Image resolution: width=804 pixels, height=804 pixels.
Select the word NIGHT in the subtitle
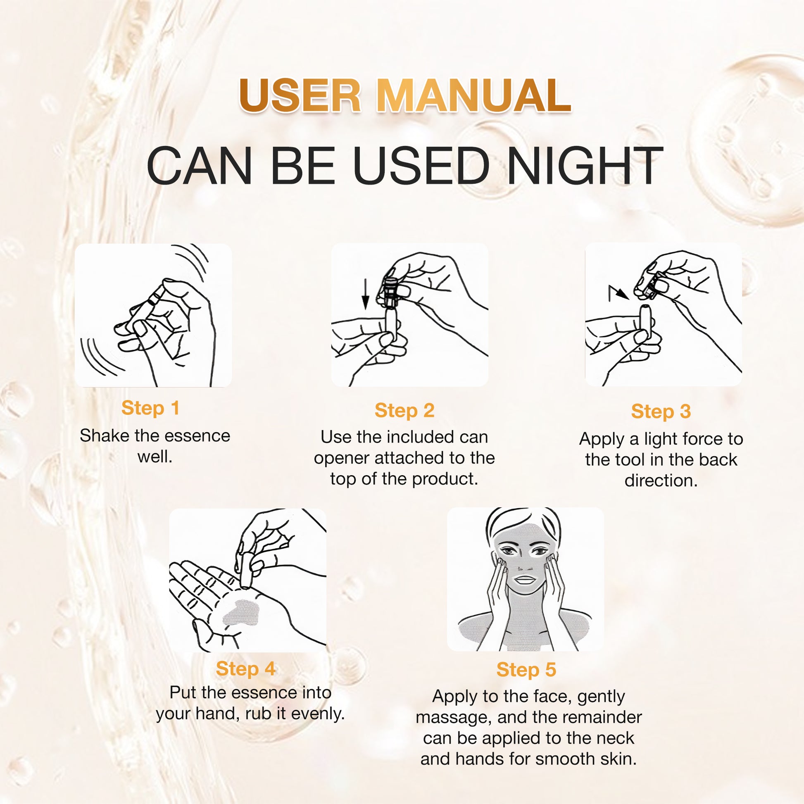(585, 166)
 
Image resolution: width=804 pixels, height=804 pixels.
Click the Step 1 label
(150, 408)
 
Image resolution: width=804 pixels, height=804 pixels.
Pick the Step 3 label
(661, 411)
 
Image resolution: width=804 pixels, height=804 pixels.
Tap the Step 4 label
(245, 669)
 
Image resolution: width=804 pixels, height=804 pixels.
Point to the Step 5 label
(526, 670)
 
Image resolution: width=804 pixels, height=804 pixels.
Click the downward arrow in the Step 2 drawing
(365, 294)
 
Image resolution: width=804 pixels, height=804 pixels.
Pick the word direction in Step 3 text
(661, 480)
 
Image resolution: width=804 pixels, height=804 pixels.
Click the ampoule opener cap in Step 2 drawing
(390, 291)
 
